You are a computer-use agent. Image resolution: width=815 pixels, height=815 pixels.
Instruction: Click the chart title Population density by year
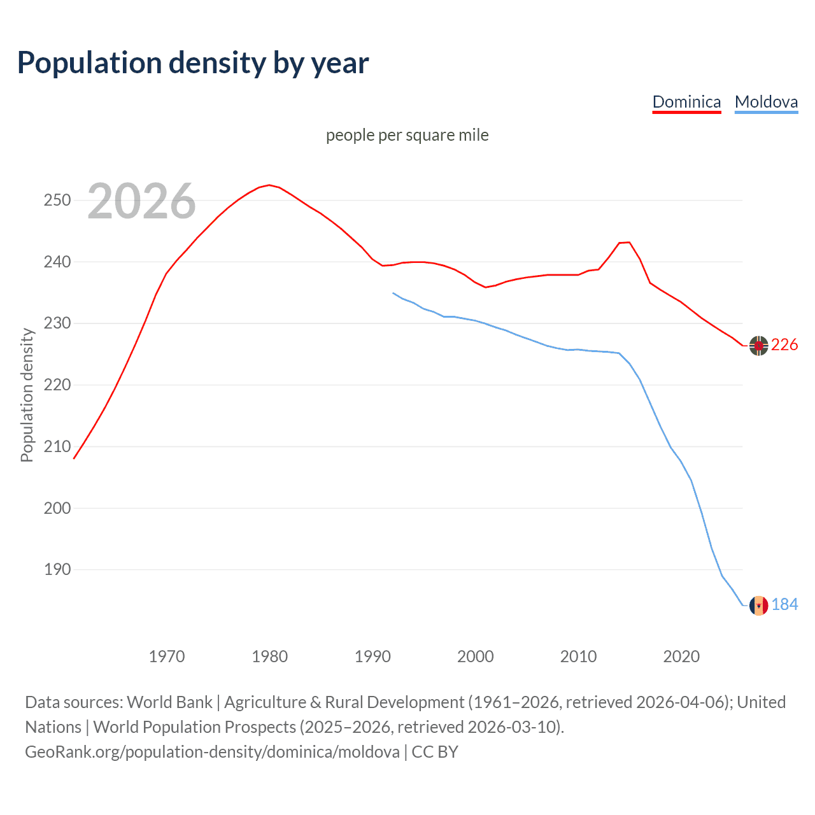193,63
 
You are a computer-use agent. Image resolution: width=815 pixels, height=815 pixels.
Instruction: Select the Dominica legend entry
686,102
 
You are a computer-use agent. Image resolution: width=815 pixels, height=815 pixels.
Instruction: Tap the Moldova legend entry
766,102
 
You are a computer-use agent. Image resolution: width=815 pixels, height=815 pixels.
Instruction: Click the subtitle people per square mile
407,135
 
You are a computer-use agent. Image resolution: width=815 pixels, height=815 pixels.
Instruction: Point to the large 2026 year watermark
141,202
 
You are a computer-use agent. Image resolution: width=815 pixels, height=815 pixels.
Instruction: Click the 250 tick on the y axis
57,200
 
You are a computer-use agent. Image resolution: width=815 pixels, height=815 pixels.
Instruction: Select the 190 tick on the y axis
57,569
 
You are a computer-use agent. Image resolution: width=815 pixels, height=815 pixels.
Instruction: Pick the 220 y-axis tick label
57,385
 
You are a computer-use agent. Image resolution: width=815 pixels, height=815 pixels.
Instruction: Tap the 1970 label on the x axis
167,656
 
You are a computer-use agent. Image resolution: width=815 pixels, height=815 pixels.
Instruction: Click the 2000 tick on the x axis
476,656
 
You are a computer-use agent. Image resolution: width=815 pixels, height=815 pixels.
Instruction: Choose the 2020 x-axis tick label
681,656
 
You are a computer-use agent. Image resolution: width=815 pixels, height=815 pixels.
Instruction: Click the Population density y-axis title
27,395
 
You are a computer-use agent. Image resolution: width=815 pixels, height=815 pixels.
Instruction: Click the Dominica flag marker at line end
758,345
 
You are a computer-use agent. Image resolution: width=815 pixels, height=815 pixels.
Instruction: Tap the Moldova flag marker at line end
758,605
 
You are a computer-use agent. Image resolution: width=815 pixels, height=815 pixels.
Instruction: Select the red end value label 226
784,345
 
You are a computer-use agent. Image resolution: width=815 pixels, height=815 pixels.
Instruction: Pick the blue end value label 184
784,605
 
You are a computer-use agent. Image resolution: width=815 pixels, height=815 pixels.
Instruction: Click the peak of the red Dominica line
269,185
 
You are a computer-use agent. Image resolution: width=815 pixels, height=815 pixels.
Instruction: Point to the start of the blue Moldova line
393,293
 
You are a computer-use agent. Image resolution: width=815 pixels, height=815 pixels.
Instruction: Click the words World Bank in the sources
169,702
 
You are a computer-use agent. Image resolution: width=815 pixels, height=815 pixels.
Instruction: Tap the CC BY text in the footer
435,752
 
